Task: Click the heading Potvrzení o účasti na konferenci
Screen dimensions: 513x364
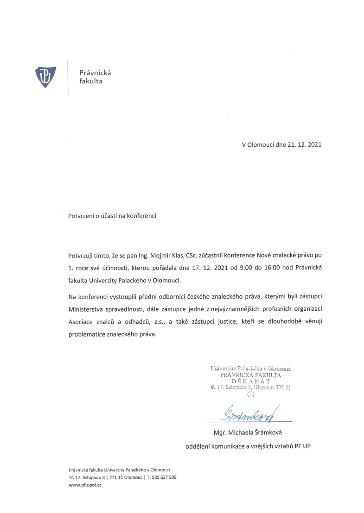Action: coord(113,216)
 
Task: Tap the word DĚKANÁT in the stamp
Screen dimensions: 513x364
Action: coord(250,381)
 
